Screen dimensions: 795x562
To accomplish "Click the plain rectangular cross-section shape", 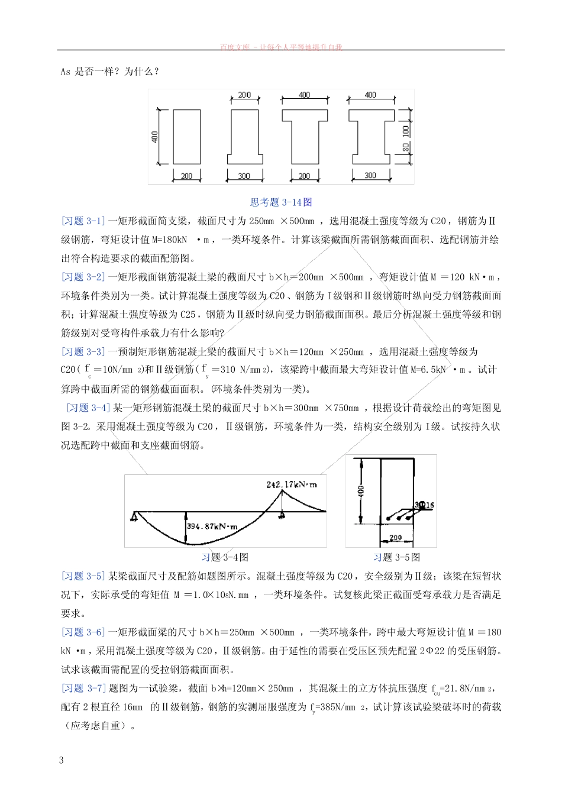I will pos(186,136).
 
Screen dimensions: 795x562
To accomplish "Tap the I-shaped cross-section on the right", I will pos(370,136).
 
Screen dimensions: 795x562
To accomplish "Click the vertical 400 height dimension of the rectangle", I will pos(155,137).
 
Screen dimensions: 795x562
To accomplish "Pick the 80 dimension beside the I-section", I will pos(406,148).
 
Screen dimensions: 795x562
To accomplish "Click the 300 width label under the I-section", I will pos(370,176).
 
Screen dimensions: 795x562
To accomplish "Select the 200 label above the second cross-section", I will pos(244,95).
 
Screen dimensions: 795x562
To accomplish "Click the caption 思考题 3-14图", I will pos(281,202).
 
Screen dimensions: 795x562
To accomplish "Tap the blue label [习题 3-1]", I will pos(83,221).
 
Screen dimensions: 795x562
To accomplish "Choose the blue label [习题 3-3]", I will pos(83,352).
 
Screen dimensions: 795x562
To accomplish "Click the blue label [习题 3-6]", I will pos(83,632).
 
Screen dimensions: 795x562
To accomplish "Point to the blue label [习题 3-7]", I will pos(83,688).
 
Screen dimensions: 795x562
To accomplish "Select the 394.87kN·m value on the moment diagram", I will pos(212,526).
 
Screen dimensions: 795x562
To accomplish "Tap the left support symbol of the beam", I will pos(135,517).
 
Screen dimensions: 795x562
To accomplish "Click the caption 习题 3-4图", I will pos(225,557).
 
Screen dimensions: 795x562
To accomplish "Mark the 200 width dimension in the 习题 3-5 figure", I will pos(395,538).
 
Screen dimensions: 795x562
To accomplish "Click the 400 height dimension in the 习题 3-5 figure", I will pos(361,490).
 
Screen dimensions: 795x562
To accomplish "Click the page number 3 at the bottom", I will pos(62,760).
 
